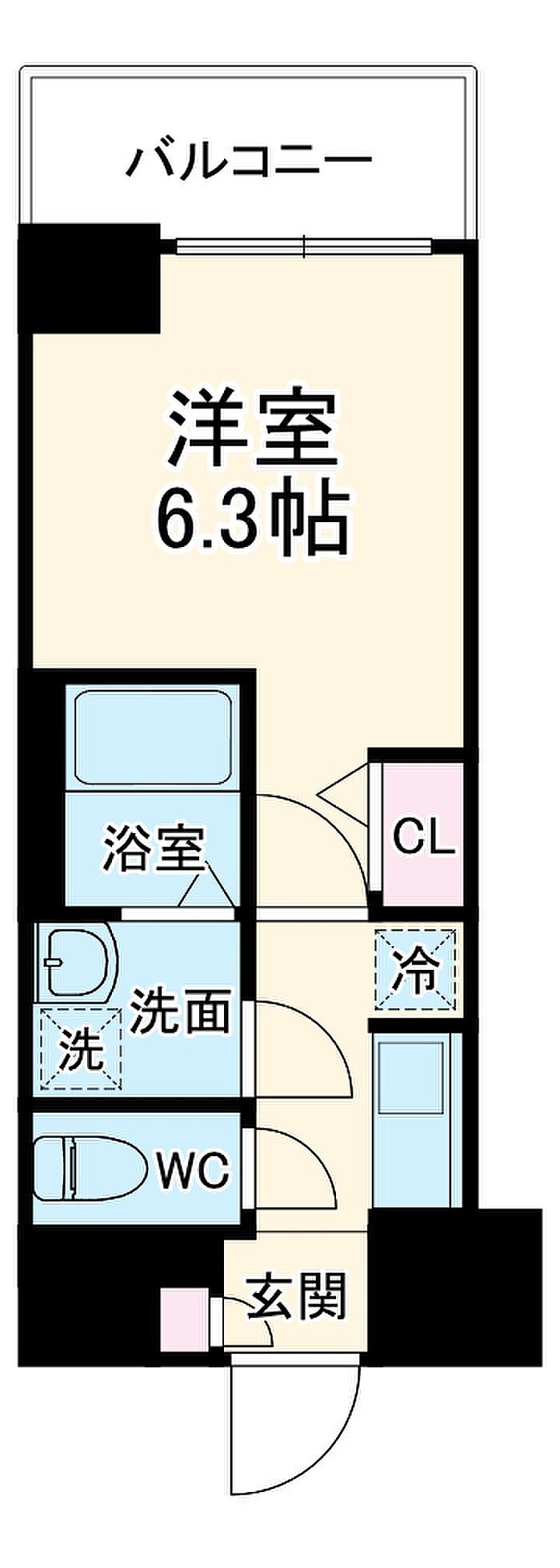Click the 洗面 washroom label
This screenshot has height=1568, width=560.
tap(182, 1011)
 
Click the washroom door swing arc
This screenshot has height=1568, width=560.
tap(303, 1050)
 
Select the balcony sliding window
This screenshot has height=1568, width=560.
tap(304, 245)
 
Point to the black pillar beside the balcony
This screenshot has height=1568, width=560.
tap(89, 277)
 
